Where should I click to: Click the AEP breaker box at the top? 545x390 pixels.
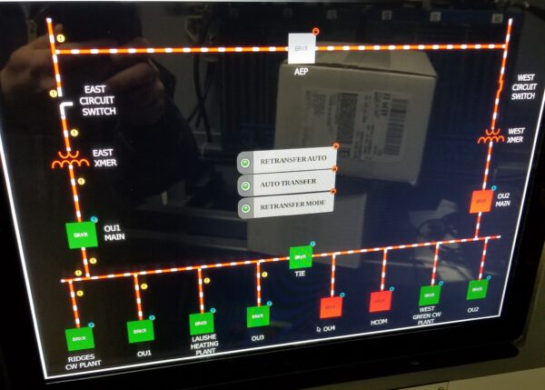pos(301,48)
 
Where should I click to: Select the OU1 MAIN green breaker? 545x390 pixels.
pos(79,235)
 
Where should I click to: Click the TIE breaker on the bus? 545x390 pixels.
pos(300,258)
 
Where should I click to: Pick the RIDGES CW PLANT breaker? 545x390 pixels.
pos(79,338)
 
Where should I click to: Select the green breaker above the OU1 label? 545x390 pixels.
pos(138,329)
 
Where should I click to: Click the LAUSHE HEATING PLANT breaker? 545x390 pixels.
pos(202,323)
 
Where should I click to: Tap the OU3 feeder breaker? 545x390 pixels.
pos(258,316)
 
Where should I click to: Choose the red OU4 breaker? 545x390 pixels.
pos(330,306)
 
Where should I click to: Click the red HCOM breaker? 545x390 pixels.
pos(381,301)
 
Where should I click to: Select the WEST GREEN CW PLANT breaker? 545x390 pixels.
pos(429,295)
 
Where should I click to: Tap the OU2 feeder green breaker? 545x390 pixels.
pos(476,290)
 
